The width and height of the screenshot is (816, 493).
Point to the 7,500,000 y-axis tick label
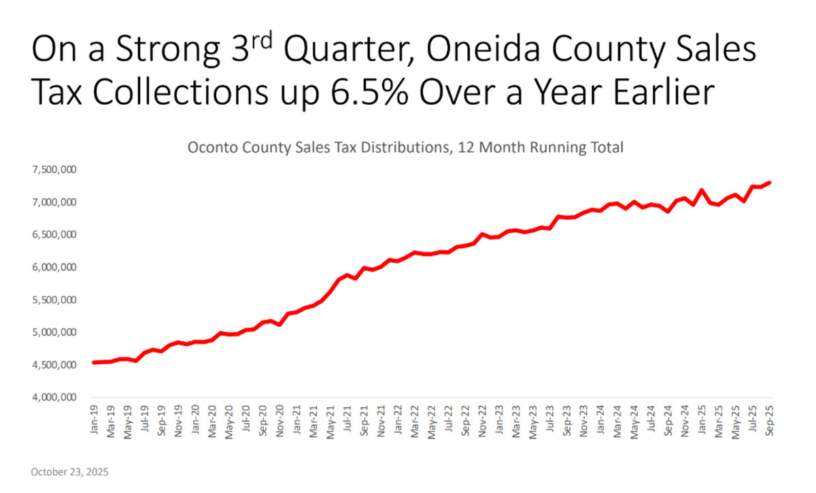click(x=54, y=170)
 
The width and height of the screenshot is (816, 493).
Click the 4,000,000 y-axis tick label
click(x=54, y=398)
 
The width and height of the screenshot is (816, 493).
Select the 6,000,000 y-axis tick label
click(x=54, y=268)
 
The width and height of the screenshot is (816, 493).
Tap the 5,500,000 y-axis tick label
click(x=54, y=300)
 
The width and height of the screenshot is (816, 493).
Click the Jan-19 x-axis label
click(x=95, y=419)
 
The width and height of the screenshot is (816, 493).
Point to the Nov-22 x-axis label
click(x=482, y=419)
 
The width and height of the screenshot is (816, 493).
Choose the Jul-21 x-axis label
click(x=347, y=419)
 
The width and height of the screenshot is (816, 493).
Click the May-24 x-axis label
click(x=634, y=419)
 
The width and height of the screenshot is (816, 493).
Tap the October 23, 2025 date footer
click(x=70, y=471)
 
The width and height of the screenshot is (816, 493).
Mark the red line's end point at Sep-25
click(x=769, y=182)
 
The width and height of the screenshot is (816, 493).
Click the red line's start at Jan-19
click(x=95, y=362)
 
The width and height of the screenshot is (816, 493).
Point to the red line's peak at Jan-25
click(x=702, y=191)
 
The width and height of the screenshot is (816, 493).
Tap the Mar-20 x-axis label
click(x=212, y=419)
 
